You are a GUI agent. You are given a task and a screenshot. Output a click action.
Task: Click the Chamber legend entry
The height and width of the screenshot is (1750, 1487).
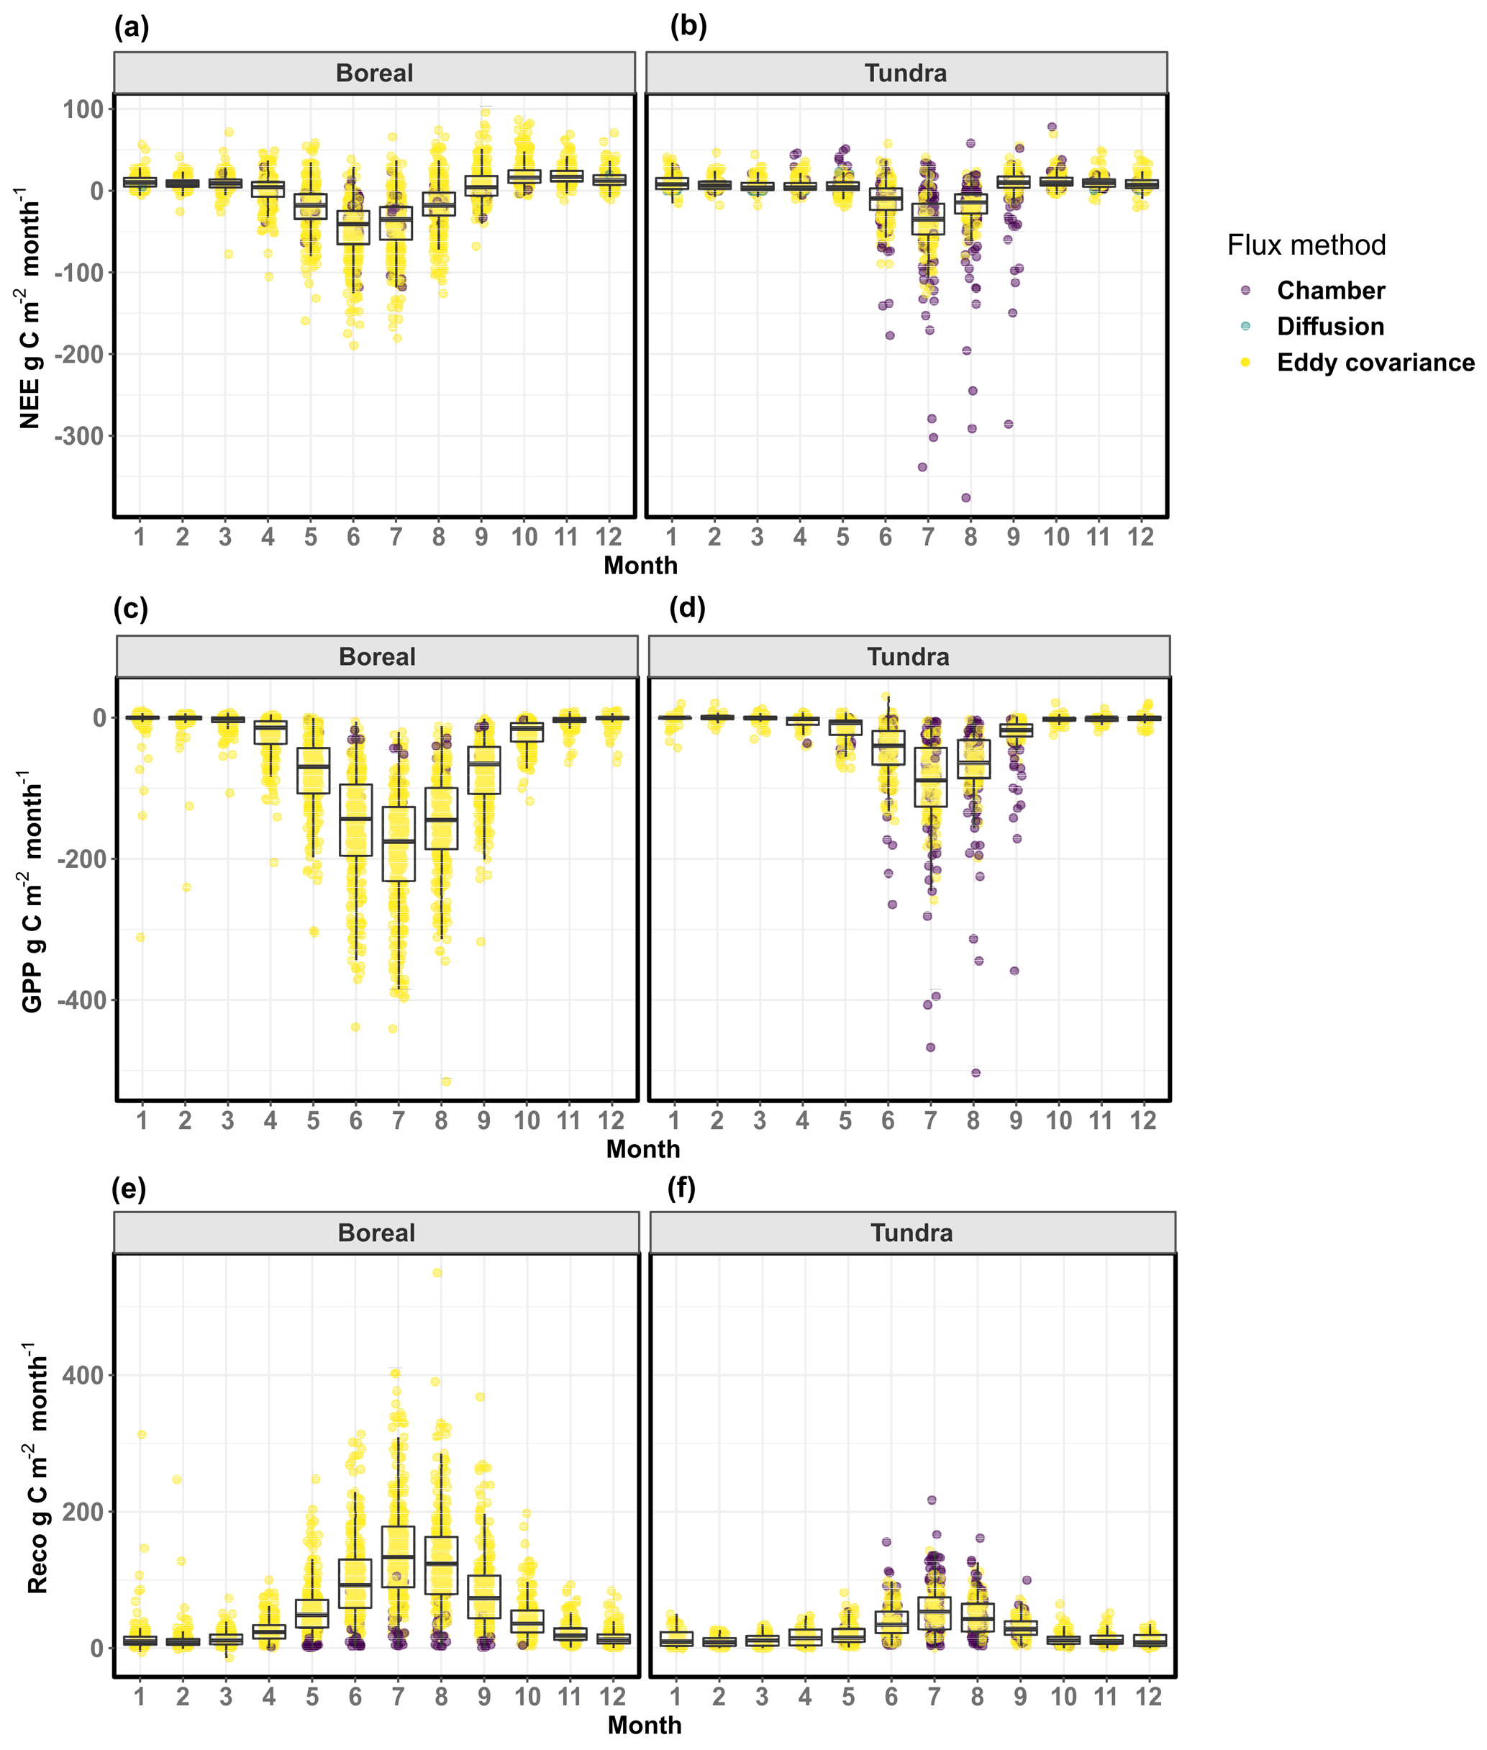pos(1329,291)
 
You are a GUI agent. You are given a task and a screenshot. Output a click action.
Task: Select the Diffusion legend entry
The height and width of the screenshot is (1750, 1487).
pos(1329,326)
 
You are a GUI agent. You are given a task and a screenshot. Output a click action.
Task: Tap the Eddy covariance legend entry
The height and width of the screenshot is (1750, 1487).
pos(1374,363)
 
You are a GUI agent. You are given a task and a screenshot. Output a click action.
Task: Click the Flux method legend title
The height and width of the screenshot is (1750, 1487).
pos(1306,245)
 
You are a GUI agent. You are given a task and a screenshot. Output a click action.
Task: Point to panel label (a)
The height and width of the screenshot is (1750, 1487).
pos(132,28)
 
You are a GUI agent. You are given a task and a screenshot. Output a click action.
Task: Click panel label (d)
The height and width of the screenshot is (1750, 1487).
pos(687,607)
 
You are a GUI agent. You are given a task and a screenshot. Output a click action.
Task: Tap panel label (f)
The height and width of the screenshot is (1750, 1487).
pos(681,1189)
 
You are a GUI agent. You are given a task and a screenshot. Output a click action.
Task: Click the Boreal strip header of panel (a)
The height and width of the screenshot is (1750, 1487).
pos(374,73)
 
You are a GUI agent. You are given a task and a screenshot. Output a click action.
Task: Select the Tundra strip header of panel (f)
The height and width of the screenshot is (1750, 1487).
pos(911,1233)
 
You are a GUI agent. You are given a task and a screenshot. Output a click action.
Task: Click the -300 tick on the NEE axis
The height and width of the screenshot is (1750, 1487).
pos(79,437)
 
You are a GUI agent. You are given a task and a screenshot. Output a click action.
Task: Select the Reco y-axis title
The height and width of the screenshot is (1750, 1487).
pos(37,1466)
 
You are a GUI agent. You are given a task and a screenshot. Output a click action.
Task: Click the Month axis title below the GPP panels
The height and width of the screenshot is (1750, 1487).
pos(642,1150)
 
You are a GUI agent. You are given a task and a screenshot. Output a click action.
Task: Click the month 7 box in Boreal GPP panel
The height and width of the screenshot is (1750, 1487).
pos(399,844)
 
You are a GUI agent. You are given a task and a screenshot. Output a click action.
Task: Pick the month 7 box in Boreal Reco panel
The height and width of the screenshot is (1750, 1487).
pos(398,1557)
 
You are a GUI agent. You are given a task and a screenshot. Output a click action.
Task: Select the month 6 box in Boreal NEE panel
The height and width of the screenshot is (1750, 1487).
pos(353,227)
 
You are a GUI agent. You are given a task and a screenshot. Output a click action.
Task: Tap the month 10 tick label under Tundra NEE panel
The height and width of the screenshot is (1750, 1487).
pos(1055,537)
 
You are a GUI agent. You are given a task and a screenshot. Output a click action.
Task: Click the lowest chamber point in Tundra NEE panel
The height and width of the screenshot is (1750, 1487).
pos(966,498)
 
